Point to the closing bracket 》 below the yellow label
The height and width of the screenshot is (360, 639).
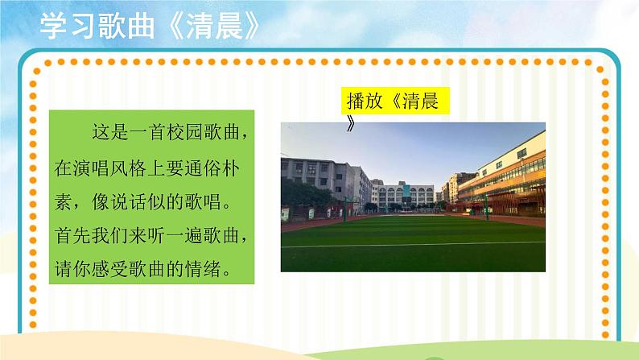point(351,123)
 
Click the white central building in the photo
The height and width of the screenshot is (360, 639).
point(406,194)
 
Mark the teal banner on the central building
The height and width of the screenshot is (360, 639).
point(410,197)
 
